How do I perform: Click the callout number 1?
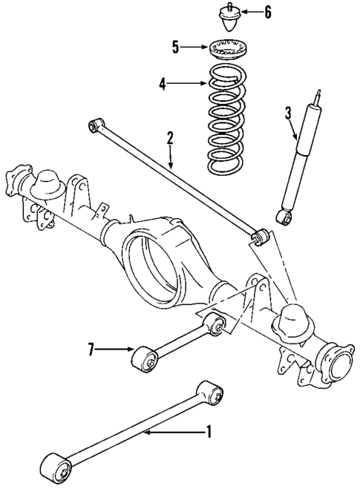pos(209,431)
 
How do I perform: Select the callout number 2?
pos(170,137)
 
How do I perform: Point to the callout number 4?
pos(161,85)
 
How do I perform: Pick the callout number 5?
pos(175,47)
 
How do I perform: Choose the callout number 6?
pos(268,13)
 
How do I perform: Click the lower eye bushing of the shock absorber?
pos(284,217)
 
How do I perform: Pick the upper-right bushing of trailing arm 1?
pos(212,391)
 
